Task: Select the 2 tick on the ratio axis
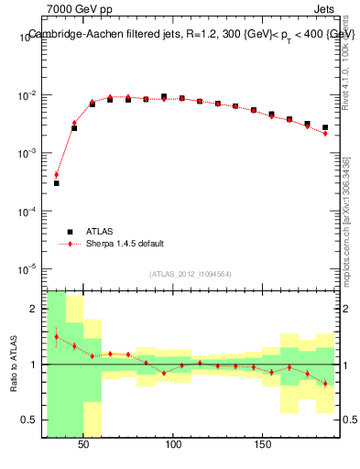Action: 37,309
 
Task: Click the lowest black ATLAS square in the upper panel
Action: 56,183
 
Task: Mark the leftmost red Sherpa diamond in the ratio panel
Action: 56,336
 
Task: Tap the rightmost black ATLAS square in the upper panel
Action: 325,127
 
